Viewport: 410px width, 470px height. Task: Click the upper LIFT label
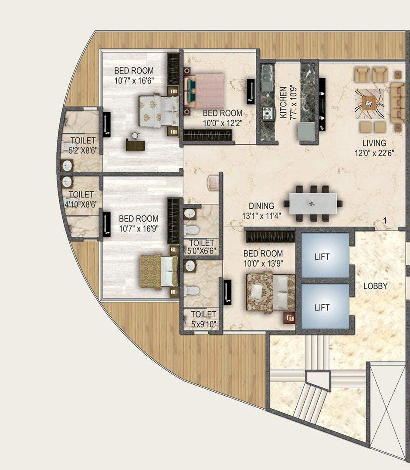pyautogui.click(x=322, y=257)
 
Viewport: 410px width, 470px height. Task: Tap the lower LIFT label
pyautogui.click(x=322, y=307)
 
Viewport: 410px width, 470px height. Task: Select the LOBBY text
pyautogui.click(x=376, y=286)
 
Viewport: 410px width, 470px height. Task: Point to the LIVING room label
pyautogui.click(x=374, y=143)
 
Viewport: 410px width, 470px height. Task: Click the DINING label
pyautogui.click(x=261, y=206)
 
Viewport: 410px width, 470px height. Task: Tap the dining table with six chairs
pyautogui.click(x=312, y=203)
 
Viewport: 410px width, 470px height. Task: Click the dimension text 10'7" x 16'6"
pyautogui.click(x=134, y=80)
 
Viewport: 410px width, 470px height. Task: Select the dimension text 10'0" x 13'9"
pyautogui.click(x=263, y=263)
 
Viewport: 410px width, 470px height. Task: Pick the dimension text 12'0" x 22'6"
pyautogui.click(x=374, y=153)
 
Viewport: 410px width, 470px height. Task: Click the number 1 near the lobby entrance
pyautogui.click(x=385, y=221)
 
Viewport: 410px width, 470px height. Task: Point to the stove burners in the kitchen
pyautogui.click(x=266, y=113)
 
